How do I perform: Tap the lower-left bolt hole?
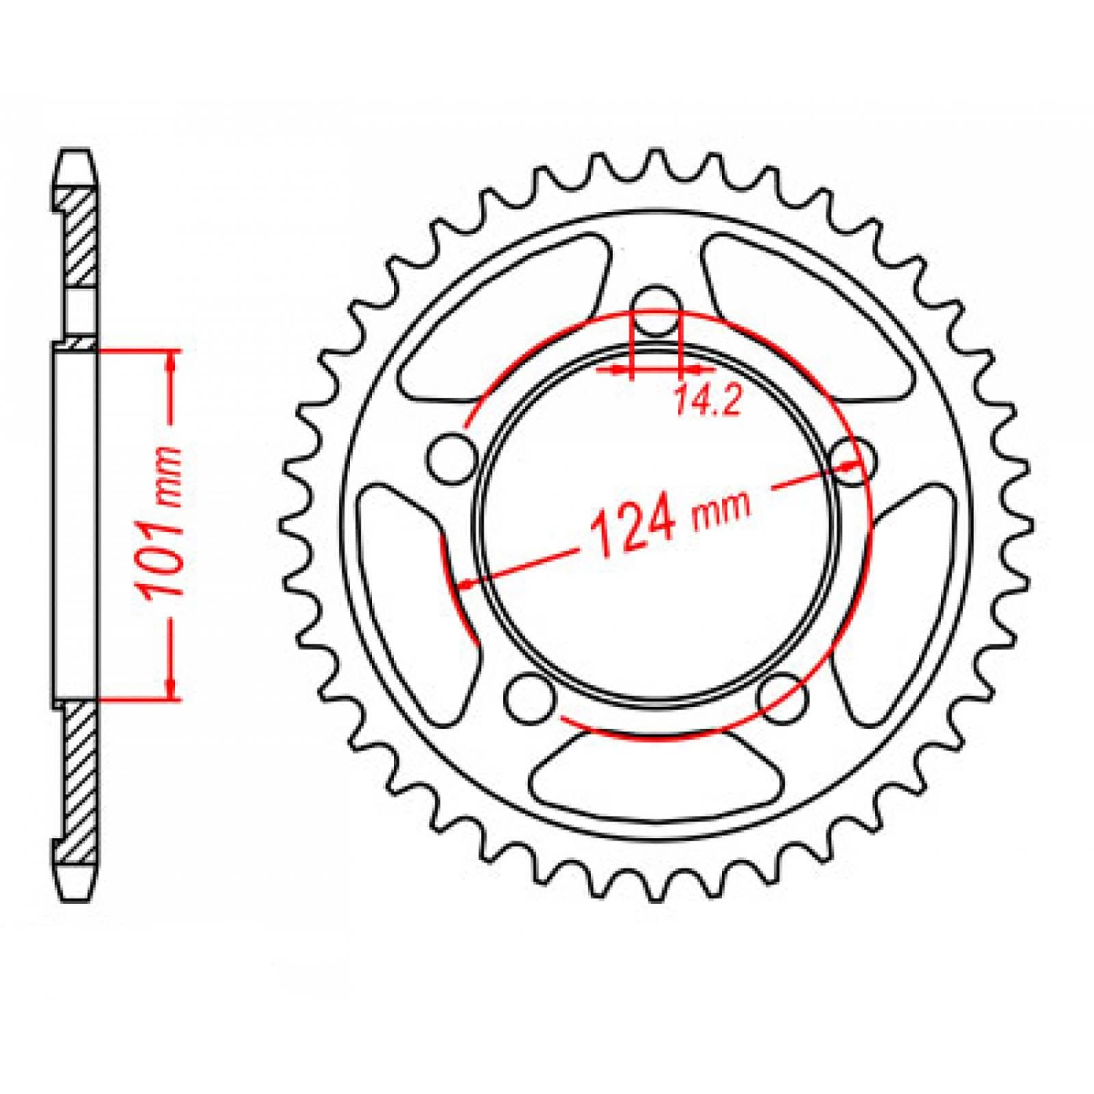point(530,697)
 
